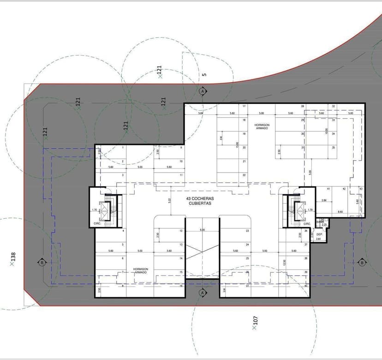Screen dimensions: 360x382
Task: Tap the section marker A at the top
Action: tap(202, 91)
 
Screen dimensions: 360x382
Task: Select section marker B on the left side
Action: tap(42, 263)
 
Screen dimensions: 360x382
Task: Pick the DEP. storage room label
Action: tap(319, 234)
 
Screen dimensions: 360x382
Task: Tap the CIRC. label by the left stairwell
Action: tap(97, 224)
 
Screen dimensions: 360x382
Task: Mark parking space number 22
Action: tap(244, 175)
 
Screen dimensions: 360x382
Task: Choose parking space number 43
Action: tap(361, 189)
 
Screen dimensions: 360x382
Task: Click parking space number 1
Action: tap(123, 148)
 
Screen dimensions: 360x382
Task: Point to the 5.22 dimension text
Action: tap(170, 200)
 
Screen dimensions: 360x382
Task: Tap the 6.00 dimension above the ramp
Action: tap(202, 230)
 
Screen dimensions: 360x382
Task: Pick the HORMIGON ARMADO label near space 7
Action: tap(140, 270)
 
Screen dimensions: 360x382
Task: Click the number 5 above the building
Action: tap(204, 74)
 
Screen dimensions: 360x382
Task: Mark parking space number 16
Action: tap(181, 286)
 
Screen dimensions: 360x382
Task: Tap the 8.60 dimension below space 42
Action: tap(340, 211)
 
